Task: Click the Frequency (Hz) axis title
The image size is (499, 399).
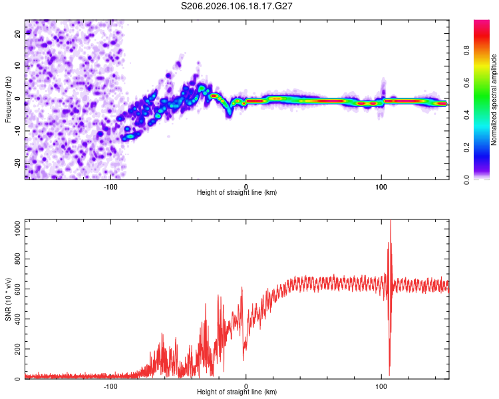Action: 8,99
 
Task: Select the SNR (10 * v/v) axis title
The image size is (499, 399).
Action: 8,299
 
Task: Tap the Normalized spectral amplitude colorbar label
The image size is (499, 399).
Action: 494,100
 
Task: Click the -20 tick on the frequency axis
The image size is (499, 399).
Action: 17,163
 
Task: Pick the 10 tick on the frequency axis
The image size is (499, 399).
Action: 19,66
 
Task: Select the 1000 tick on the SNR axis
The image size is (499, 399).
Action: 15,229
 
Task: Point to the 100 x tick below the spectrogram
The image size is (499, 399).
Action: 381,186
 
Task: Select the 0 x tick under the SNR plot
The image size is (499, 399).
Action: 246,386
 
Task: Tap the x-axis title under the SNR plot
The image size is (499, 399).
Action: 237,393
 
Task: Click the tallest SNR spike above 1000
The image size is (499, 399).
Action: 391,223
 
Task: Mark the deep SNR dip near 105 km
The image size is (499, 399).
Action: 389,374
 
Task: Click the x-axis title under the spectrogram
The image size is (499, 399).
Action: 237,193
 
